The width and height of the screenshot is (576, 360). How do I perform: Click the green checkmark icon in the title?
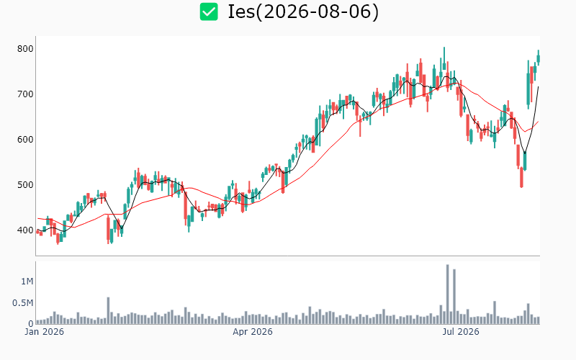(x=209, y=12)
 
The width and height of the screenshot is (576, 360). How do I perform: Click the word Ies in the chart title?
(x=241, y=12)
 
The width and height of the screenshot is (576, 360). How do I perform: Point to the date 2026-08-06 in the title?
(x=318, y=12)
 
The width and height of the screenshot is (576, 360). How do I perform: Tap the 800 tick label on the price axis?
(x=25, y=49)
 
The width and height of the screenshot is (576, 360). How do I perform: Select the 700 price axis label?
(x=25, y=94)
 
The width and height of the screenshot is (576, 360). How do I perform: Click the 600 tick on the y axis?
(x=25, y=140)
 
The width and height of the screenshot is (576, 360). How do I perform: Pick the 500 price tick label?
(x=25, y=185)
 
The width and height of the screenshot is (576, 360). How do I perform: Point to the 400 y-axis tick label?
(x=25, y=230)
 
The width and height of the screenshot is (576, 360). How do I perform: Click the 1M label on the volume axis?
(x=27, y=282)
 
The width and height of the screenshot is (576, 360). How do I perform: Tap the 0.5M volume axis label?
(x=23, y=303)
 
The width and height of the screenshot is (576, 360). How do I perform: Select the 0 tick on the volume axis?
(x=31, y=323)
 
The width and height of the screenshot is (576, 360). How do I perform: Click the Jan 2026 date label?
(x=44, y=332)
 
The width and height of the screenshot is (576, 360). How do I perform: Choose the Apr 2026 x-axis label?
(x=253, y=332)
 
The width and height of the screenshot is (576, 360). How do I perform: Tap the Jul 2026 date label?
(x=461, y=332)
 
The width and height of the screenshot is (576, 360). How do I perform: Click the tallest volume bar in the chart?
(x=447, y=294)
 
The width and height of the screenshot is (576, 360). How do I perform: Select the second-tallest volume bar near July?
(x=454, y=297)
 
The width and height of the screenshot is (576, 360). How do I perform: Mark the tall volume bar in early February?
(x=109, y=311)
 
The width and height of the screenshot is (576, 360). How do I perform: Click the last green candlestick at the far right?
(x=539, y=58)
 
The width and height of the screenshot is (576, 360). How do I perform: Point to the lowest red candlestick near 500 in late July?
(x=521, y=177)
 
